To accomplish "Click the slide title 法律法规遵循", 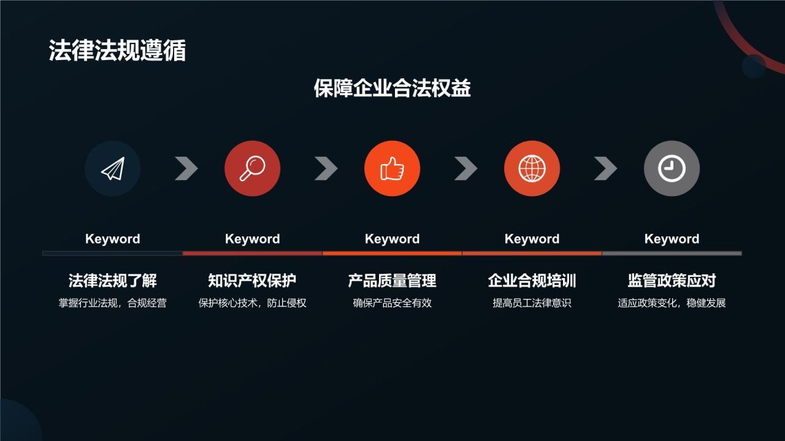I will point(117,51).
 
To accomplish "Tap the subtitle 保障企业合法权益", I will point(392,88).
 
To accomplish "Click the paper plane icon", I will point(113,168).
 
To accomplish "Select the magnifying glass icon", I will point(252,168).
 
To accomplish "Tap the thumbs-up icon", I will point(392,168).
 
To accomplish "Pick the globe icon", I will point(532,168).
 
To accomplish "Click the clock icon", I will point(672,168).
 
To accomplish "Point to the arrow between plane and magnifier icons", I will point(186,168).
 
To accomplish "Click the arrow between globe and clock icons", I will point(605,168).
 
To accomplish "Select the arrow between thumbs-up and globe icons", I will point(465,168).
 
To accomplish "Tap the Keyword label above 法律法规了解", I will point(113,239).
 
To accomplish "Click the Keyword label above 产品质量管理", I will point(392,239).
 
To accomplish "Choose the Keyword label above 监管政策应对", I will point(672,239).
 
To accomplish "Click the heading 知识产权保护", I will point(252,281).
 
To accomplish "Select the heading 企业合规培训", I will point(532,281).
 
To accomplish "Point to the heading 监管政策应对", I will point(672,281).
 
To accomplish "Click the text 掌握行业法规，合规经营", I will point(113,303).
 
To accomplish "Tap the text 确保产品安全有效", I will point(392,303).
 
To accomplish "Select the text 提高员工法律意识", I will point(532,303).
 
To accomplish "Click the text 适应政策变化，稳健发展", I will point(672,303).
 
